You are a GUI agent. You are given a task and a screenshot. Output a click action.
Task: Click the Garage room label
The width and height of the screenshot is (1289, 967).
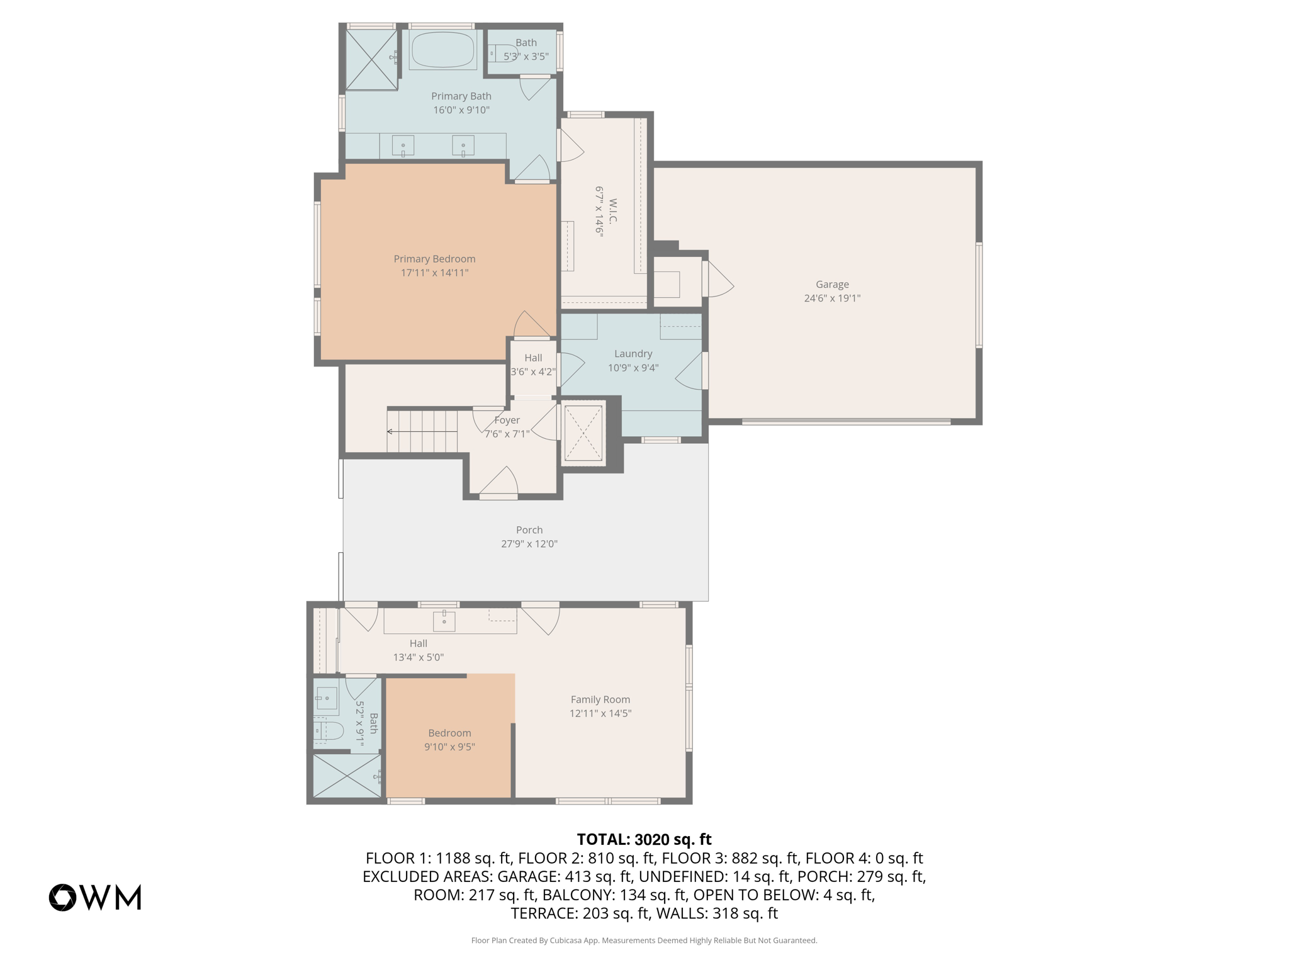tap(831, 284)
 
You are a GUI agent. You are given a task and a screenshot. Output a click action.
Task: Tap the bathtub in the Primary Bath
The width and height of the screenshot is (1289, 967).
tap(442, 50)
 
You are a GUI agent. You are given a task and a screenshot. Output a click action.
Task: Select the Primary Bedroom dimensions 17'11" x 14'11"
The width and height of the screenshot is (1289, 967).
tap(434, 273)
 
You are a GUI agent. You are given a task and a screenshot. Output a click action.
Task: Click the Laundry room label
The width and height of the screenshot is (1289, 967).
tap(633, 354)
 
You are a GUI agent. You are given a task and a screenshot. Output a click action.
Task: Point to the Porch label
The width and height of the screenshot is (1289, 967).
tap(529, 530)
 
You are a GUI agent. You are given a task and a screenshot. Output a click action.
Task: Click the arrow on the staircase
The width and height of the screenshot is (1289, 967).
tap(390, 431)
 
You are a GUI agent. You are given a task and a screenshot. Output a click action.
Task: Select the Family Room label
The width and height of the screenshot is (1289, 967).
tap(600, 699)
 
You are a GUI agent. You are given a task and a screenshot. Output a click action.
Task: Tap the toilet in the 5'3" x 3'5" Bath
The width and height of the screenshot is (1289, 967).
tap(502, 54)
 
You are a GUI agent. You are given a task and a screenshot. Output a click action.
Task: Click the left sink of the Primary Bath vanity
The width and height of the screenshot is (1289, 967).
tap(403, 146)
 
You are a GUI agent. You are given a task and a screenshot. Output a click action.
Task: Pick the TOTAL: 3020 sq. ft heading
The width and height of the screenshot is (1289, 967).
tap(644, 839)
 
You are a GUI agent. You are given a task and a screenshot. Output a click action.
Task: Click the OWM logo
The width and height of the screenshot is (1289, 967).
tap(95, 897)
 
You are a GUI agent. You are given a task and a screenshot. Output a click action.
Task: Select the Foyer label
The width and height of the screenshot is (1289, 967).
tap(507, 420)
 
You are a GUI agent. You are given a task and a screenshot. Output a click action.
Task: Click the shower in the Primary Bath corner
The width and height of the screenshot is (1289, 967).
tap(371, 59)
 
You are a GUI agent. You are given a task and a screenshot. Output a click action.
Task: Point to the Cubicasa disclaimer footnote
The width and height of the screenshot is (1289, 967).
tap(644, 941)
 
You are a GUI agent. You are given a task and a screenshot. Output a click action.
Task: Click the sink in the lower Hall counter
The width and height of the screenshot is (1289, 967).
tap(444, 621)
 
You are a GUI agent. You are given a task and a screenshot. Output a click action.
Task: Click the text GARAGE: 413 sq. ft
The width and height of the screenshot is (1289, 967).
tap(564, 876)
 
